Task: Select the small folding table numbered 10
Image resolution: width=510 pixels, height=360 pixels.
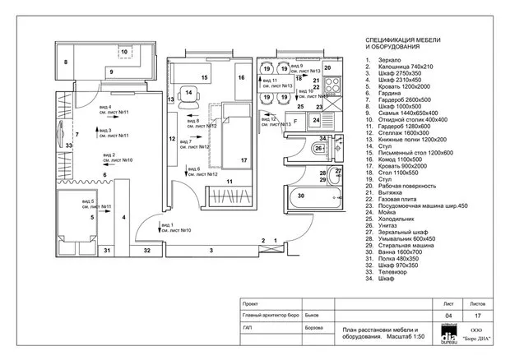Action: tap(123, 53)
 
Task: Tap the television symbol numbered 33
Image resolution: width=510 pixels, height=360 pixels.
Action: tap(69, 145)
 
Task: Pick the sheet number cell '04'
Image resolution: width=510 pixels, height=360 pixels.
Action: tap(448, 315)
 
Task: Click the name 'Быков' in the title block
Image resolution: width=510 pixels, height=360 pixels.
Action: tap(313, 314)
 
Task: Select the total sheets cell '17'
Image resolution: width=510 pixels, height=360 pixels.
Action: tap(478, 315)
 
